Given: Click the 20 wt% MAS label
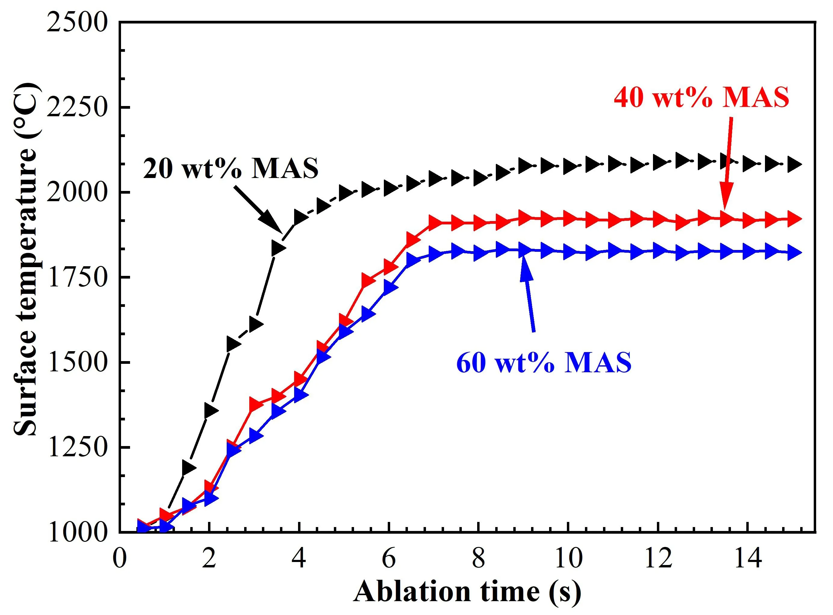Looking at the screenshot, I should click(231, 169).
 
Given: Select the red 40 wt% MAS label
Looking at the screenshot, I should click(701, 98).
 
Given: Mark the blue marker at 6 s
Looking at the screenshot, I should click(390, 288).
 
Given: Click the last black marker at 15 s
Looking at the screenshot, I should click(794, 164).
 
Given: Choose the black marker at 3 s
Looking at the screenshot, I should click(256, 324).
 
